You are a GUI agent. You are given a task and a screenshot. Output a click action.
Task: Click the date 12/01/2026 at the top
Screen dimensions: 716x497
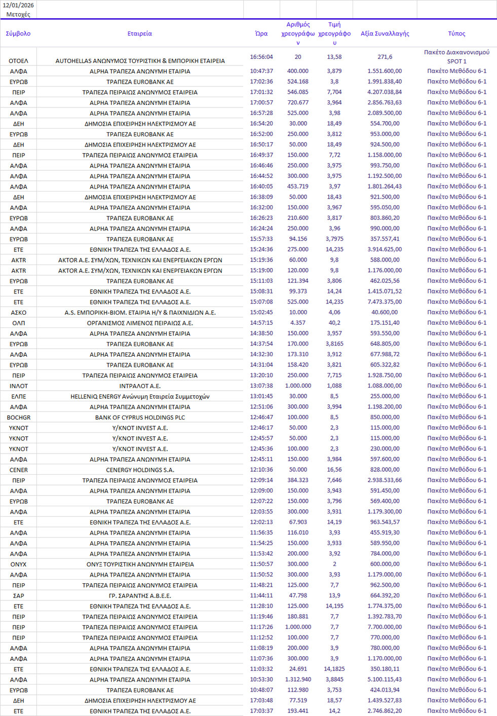pyautogui.click(x=18, y=5)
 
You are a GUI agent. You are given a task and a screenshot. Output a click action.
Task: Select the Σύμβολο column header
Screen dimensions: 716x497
pyautogui.click(x=18, y=33)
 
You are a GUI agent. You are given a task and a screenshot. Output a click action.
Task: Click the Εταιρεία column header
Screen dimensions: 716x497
pyautogui.click(x=140, y=33)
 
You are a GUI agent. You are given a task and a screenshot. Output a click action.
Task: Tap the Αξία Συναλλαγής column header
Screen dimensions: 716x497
pyautogui.click(x=385, y=33)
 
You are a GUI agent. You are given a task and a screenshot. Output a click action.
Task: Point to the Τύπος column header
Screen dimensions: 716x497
pyautogui.click(x=456, y=33)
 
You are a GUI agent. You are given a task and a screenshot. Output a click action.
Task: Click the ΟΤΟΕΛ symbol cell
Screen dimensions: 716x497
pyautogui.click(x=18, y=61)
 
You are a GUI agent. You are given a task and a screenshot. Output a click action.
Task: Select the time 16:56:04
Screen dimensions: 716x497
pyautogui.click(x=261, y=57)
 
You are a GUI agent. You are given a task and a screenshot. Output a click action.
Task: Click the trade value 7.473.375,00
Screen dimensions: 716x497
pyautogui.click(x=385, y=302)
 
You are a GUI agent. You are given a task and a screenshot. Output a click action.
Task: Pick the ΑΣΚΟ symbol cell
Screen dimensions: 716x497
pyautogui.click(x=18, y=313)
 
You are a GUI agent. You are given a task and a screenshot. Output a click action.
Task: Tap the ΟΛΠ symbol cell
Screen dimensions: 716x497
pyautogui.click(x=18, y=323)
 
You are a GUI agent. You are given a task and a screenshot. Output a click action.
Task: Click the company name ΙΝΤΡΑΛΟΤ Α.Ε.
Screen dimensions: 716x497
pyautogui.click(x=140, y=386)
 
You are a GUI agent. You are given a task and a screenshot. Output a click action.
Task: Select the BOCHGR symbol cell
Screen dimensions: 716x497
pyautogui.click(x=18, y=418)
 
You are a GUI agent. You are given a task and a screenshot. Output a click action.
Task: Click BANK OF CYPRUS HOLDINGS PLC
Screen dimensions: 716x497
pyautogui.click(x=140, y=418)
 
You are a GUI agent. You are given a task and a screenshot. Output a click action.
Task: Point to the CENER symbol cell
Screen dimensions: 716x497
pyautogui.click(x=18, y=470)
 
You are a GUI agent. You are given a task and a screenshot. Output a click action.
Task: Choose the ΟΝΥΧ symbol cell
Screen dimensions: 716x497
pyautogui.click(x=18, y=564)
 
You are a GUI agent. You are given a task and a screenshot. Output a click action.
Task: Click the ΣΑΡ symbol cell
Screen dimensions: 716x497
pyautogui.click(x=18, y=596)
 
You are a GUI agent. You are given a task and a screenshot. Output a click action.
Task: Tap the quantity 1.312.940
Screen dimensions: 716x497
pyautogui.click(x=298, y=679)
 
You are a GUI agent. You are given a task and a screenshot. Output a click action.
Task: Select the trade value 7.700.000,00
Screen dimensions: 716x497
pyautogui.click(x=385, y=627)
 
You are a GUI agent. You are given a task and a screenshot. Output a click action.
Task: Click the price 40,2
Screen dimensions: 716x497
pyautogui.click(x=334, y=322)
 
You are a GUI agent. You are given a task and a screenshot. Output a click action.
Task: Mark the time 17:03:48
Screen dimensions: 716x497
pyautogui.click(x=261, y=700)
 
